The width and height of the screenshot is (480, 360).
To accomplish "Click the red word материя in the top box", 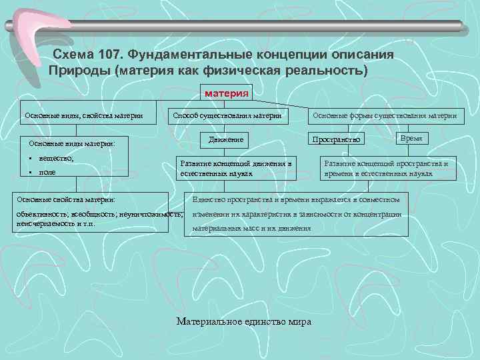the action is click(x=227, y=93).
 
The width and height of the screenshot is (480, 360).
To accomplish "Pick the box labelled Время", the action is click(x=411, y=137).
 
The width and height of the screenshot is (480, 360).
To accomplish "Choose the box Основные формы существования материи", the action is click(x=383, y=116).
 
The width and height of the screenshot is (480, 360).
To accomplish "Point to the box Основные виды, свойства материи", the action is click(x=83, y=116).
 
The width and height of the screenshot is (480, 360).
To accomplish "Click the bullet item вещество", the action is click(x=57, y=159).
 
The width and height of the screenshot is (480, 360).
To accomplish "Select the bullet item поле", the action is click(x=47, y=172).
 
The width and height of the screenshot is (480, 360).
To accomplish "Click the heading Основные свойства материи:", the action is click(x=66, y=199).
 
